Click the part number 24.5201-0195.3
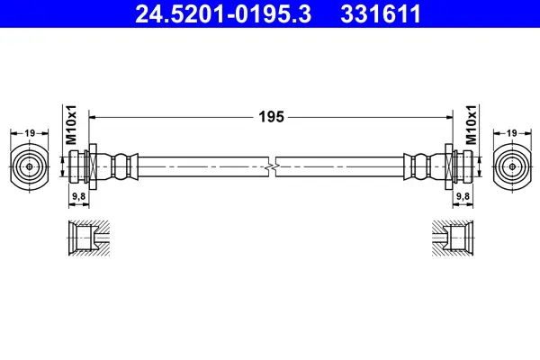[x=223, y=13]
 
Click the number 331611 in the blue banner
[x=381, y=13]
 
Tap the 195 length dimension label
[x=272, y=117]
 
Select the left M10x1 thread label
[x=71, y=125]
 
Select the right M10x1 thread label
[x=471, y=125]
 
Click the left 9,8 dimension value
[x=78, y=196]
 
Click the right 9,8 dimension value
[x=463, y=196]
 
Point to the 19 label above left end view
[x=30, y=132]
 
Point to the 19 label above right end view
[x=512, y=132]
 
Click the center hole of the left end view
[x=30, y=166]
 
